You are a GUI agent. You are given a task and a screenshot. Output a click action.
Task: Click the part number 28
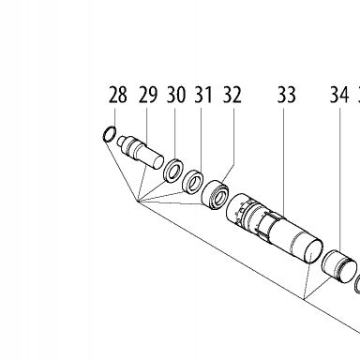pos(118,95)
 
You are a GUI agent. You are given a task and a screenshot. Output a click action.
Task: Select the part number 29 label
pos(148,95)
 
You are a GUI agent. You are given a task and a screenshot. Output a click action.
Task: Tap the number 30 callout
pos(176,95)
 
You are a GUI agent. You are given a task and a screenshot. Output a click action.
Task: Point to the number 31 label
pos(203,95)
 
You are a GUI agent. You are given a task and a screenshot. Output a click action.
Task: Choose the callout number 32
pos(232,95)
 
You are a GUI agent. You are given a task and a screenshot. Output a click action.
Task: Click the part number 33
pos(287,95)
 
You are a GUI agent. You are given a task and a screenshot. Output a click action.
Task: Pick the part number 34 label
pos(339,95)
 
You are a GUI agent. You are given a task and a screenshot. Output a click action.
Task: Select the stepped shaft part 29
pos(141,152)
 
